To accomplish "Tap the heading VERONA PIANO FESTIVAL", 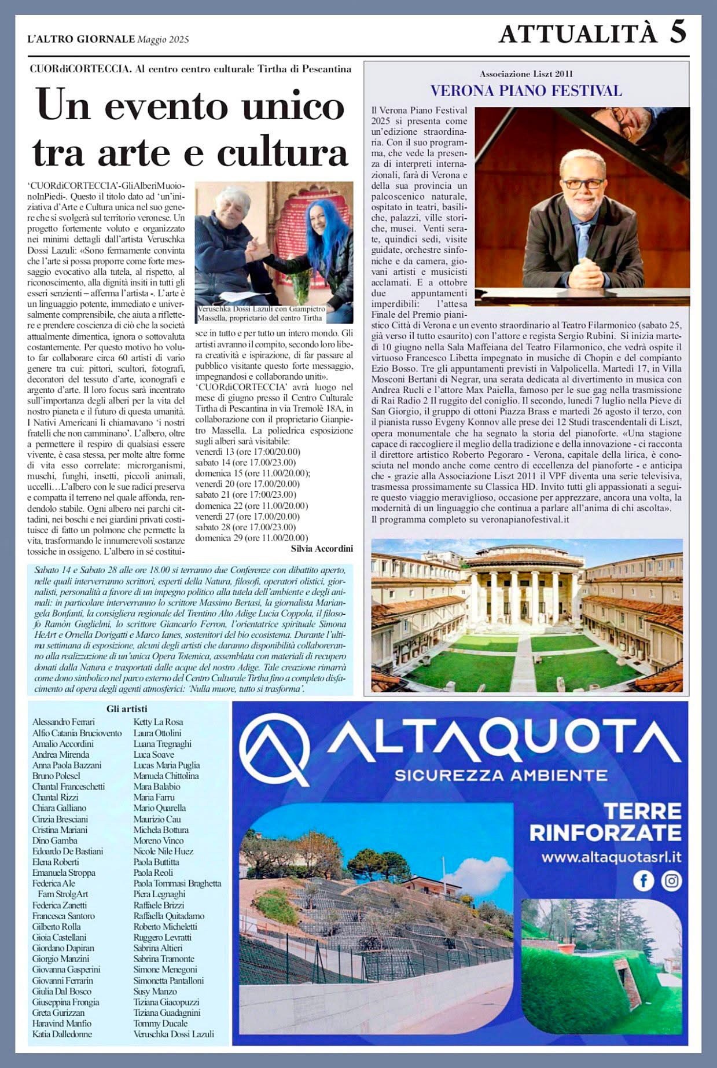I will [x=526, y=90].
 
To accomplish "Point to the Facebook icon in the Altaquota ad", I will [x=644, y=880].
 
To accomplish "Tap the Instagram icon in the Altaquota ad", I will [x=671, y=880].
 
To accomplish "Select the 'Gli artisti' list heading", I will [x=127, y=709].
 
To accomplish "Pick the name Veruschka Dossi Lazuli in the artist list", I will [x=174, y=1034].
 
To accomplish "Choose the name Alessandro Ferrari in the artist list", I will [x=64, y=722].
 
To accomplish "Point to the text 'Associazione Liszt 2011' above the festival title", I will [x=526, y=74].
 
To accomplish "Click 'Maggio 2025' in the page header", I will [x=163, y=39].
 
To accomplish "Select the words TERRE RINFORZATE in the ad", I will [x=605, y=821].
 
